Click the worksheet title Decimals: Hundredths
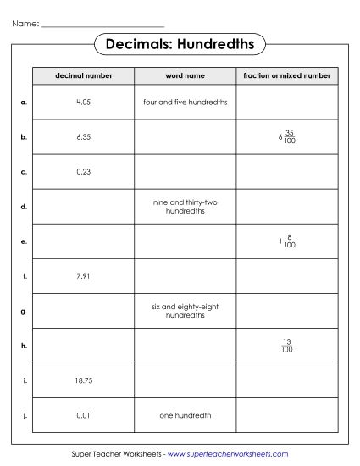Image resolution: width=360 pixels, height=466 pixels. click(x=180, y=43)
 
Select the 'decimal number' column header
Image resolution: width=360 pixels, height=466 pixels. click(x=82, y=76)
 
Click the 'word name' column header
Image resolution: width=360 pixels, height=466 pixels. click(x=186, y=76)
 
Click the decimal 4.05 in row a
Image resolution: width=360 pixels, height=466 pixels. click(x=83, y=102)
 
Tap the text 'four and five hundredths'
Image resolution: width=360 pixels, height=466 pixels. click(x=186, y=102)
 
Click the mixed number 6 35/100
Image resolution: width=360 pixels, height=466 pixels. click(x=286, y=137)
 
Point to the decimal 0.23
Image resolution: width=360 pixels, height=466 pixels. click(x=83, y=171)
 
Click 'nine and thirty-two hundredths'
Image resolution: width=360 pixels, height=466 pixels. click(x=186, y=206)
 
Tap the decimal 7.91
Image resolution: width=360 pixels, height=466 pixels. click(x=83, y=275)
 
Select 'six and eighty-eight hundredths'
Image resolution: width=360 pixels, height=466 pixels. click(x=186, y=310)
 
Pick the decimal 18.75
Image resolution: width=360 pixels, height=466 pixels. click(x=83, y=380)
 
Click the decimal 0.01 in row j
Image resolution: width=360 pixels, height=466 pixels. click(x=83, y=415)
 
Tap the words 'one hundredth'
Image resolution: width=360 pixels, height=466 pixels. click(x=186, y=415)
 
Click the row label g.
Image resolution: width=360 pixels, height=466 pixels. click(x=24, y=311)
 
